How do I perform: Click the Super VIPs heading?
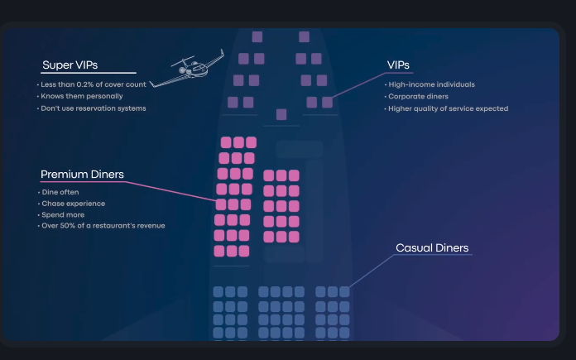(x=70, y=65)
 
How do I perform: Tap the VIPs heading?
(x=398, y=65)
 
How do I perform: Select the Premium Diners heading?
(x=82, y=174)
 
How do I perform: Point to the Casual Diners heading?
(x=432, y=248)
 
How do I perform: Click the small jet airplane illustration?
(x=187, y=69)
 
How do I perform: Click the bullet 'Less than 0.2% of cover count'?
(x=94, y=84)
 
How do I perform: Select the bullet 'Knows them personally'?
(x=82, y=96)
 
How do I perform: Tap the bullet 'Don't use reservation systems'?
(x=94, y=108)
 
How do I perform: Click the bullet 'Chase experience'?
(x=73, y=204)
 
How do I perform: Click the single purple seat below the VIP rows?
(x=281, y=114)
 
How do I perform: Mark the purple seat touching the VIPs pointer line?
(x=327, y=103)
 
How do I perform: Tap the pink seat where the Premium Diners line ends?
(x=221, y=204)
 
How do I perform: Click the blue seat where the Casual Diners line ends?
(x=344, y=292)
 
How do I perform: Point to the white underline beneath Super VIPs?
(x=89, y=73)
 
